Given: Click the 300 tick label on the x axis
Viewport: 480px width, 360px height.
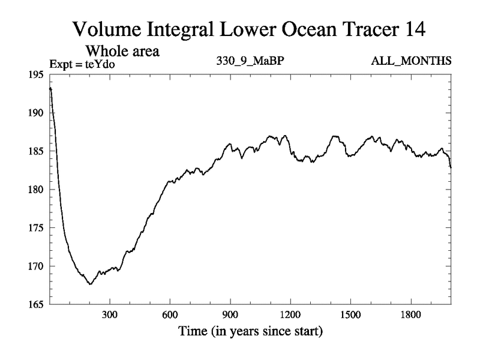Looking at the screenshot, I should pyautogui.click(x=109, y=315).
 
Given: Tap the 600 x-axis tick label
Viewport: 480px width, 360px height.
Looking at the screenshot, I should pyautogui.click(x=170, y=315).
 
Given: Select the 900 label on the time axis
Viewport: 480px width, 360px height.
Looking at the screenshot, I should pyautogui.click(x=230, y=315).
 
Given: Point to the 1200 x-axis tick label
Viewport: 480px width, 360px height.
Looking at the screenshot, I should pyautogui.click(x=290, y=315).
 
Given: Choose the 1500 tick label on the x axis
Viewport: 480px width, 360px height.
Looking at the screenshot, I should pyautogui.click(x=350, y=315).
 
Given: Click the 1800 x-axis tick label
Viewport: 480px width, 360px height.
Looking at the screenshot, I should pyautogui.click(x=410, y=315).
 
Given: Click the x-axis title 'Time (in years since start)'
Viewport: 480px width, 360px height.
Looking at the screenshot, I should pyautogui.click(x=250, y=331).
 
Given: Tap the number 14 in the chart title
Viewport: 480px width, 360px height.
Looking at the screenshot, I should pyautogui.click(x=413, y=29).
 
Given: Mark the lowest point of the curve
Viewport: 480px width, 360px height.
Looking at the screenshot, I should pyautogui.click(x=90, y=284).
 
